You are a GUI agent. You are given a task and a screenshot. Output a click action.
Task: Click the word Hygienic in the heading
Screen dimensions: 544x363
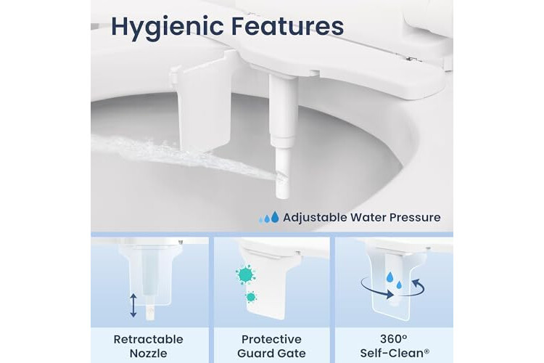(x=167, y=27)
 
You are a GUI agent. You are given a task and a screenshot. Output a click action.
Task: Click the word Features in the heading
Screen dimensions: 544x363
(x=287, y=25)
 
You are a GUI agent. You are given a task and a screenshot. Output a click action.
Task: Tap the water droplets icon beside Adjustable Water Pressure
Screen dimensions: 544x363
(x=269, y=218)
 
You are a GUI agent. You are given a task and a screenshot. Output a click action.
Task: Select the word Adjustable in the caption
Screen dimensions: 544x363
(x=315, y=218)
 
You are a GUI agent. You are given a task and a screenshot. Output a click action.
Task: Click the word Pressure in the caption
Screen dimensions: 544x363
(x=415, y=218)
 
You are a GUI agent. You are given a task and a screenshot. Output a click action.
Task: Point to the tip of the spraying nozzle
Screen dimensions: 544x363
(x=282, y=195)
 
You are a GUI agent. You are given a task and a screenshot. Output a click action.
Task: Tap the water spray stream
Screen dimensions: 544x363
(x=184, y=156)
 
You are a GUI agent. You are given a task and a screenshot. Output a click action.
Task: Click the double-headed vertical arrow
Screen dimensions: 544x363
(x=133, y=306)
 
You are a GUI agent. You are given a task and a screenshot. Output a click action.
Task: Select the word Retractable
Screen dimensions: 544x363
(x=148, y=339)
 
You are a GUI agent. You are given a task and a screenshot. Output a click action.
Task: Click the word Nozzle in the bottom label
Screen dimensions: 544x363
(x=148, y=354)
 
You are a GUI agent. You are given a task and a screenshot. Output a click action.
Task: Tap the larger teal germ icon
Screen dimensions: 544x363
(x=246, y=274)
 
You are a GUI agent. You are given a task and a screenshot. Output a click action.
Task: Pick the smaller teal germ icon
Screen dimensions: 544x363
(x=250, y=297)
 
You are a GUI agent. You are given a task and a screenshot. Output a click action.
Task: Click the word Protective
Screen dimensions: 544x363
(x=271, y=339)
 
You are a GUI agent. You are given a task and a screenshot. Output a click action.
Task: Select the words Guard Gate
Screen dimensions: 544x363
(x=271, y=354)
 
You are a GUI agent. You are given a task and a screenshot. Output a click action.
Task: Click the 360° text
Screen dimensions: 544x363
(x=393, y=339)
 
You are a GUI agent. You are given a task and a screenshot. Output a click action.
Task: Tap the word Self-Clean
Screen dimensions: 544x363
(x=392, y=354)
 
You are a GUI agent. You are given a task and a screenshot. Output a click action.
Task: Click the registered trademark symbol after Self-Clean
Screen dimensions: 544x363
(x=427, y=351)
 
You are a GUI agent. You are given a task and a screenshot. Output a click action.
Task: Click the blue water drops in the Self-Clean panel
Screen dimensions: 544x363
(x=395, y=281)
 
